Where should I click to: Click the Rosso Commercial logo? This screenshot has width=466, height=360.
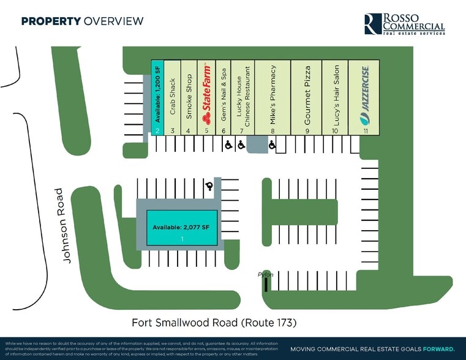pos(404,24)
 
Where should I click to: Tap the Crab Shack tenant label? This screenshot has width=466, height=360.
pos(173,97)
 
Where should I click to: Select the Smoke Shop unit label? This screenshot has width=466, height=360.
pos(189,96)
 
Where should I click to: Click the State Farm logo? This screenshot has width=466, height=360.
pos(206,96)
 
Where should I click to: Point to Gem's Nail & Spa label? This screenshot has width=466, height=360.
pos(224,96)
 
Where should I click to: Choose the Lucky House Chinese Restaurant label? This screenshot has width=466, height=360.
pos(244,96)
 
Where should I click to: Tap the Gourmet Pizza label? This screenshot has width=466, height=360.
pos(307,96)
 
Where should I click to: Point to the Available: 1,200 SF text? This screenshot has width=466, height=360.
pos(157,96)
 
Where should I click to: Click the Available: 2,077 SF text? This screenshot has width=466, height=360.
pos(181,228)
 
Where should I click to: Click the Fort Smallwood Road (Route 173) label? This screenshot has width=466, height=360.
pos(217,322)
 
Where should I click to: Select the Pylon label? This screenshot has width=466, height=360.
pos(265,276)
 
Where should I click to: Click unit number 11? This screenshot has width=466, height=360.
pos(365,130)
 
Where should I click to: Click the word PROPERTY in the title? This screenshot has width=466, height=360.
pos(51,21)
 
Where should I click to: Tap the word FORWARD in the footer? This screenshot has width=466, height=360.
pos(438,348)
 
